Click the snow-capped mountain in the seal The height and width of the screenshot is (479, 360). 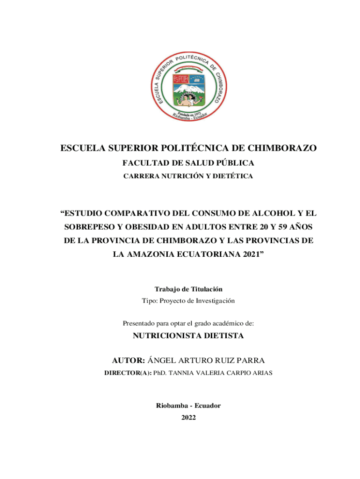coord(188,87)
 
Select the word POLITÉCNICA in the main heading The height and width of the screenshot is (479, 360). coord(198,148)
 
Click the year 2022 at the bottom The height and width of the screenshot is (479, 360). coord(188,417)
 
